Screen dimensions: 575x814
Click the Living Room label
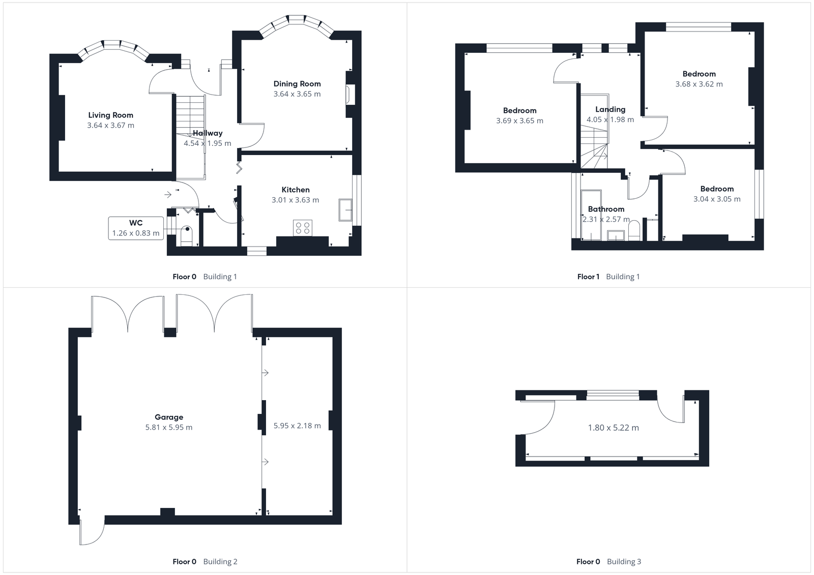point(110,115)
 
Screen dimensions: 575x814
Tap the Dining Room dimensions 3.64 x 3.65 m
point(297,94)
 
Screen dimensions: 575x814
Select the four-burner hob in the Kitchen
point(303,228)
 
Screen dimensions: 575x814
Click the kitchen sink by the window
point(346,210)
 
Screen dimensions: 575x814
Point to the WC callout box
point(136,228)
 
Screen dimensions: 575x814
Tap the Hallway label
point(208,133)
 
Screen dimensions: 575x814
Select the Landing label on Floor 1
point(610,109)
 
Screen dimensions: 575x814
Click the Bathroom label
point(606,209)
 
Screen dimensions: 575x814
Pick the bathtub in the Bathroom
point(591,215)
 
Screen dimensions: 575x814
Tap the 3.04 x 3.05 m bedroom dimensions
point(717,199)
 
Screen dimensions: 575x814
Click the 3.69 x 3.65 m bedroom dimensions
point(519,121)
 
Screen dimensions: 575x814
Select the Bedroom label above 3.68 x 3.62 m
point(699,74)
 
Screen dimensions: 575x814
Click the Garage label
point(169,417)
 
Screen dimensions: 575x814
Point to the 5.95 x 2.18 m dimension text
point(297,426)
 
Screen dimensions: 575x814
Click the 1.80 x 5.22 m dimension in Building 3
point(613,428)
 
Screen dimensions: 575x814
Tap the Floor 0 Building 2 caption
point(205,562)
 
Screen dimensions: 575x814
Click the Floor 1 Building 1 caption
point(608,277)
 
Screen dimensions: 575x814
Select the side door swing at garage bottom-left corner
point(92,531)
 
